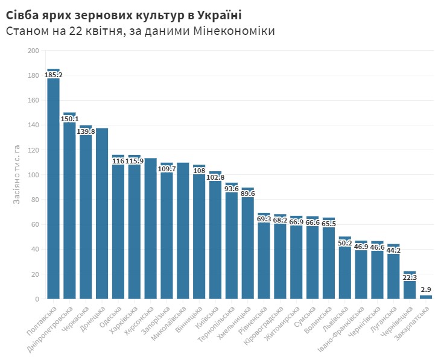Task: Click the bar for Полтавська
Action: pyautogui.click(x=53, y=187)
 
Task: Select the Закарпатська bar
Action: pyautogui.click(x=426, y=297)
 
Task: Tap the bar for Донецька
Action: pyautogui.click(x=102, y=214)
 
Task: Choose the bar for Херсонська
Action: pyautogui.click(x=150, y=229)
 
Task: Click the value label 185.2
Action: pyautogui.click(x=53, y=75)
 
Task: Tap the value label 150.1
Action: pyautogui.click(x=69, y=119)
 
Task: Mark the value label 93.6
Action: pyautogui.click(x=232, y=189)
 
